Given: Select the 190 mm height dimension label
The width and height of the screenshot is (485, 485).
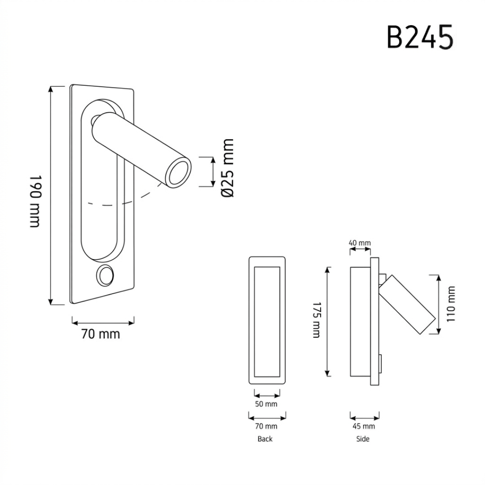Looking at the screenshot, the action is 35,201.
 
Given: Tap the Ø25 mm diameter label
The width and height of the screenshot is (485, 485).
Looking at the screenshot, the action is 228,168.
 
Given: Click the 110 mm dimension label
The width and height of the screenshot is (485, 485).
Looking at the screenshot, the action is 451,304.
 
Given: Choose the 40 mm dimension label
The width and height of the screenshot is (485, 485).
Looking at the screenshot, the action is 360,243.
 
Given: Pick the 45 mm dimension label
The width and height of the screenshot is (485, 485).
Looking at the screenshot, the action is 364,426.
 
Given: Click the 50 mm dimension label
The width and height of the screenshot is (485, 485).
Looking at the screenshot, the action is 266,404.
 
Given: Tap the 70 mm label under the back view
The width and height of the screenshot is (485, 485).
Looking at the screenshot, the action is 266,426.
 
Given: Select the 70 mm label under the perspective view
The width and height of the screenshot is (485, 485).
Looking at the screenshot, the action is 101,334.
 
